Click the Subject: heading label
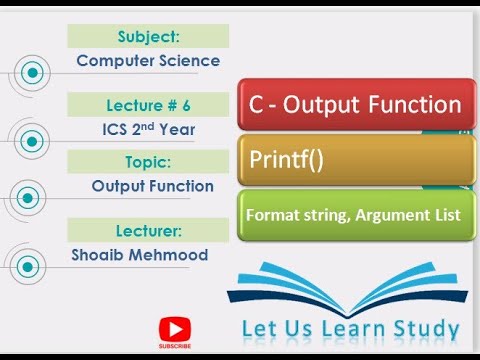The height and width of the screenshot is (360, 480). [148, 37]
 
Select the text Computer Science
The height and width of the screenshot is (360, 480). [148, 61]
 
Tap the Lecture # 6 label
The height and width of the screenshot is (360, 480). [148, 104]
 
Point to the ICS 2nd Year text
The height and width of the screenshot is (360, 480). [148, 128]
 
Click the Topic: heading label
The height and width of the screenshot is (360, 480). [148, 161]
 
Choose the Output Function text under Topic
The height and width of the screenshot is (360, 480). [152, 186]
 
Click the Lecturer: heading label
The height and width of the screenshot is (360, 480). [148, 231]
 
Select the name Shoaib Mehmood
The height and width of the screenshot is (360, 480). [139, 255]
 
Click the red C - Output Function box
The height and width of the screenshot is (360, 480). [355, 105]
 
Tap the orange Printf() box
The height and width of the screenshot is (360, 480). [355, 159]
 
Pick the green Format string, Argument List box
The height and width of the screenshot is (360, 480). [355, 213]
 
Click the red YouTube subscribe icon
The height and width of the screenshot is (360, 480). [175, 329]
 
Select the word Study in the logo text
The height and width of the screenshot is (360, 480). [424, 329]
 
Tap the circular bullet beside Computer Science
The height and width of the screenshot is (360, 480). [34, 73]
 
